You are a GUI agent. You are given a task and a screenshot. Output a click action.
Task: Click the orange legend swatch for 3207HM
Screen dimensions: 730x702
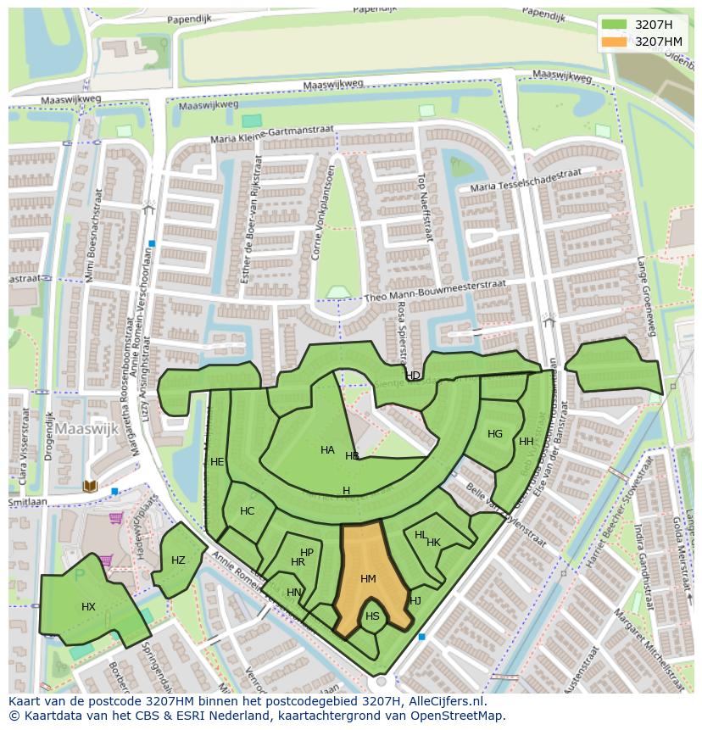pyautogui.click(x=614, y=42)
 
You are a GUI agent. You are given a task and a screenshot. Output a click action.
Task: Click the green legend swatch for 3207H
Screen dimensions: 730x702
pyautogui.click(x=614, y=25)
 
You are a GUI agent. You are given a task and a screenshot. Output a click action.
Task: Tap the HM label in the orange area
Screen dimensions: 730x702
pyautogui.click(x=368, y=579)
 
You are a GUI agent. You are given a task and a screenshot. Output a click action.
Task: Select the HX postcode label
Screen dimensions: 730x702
pyautogui.click(x=89, y=607)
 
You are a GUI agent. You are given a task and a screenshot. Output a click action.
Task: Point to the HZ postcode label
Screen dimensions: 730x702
pyautogui.click(x=178, y=560)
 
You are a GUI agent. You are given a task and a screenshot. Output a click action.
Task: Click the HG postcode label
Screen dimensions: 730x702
pyautogui.click(x=495, y=434)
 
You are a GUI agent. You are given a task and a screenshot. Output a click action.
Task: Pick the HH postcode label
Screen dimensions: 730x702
pyautogui.click(x=526, y=442)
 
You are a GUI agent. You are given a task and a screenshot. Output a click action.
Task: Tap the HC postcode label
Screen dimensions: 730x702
pyautogui.click(x=248, y=511)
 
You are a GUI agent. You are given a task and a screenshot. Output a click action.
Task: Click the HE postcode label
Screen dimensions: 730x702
pyautogui.click(x=217, y=462)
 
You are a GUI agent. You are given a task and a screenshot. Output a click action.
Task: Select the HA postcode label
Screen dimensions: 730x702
pyautogui.click(x=327, y=450)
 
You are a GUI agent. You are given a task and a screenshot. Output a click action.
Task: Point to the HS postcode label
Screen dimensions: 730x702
pyautogui.click(x=372, y=616)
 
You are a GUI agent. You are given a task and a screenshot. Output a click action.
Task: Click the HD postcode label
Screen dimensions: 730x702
pyautogui.click(x=413, y=376)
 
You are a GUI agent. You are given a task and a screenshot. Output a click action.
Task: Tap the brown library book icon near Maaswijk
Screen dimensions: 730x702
pyautogui.click(x=90, y=486)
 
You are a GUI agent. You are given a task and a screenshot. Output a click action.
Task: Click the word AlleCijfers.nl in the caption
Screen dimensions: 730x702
pyautogui.click(x=444, y=701)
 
